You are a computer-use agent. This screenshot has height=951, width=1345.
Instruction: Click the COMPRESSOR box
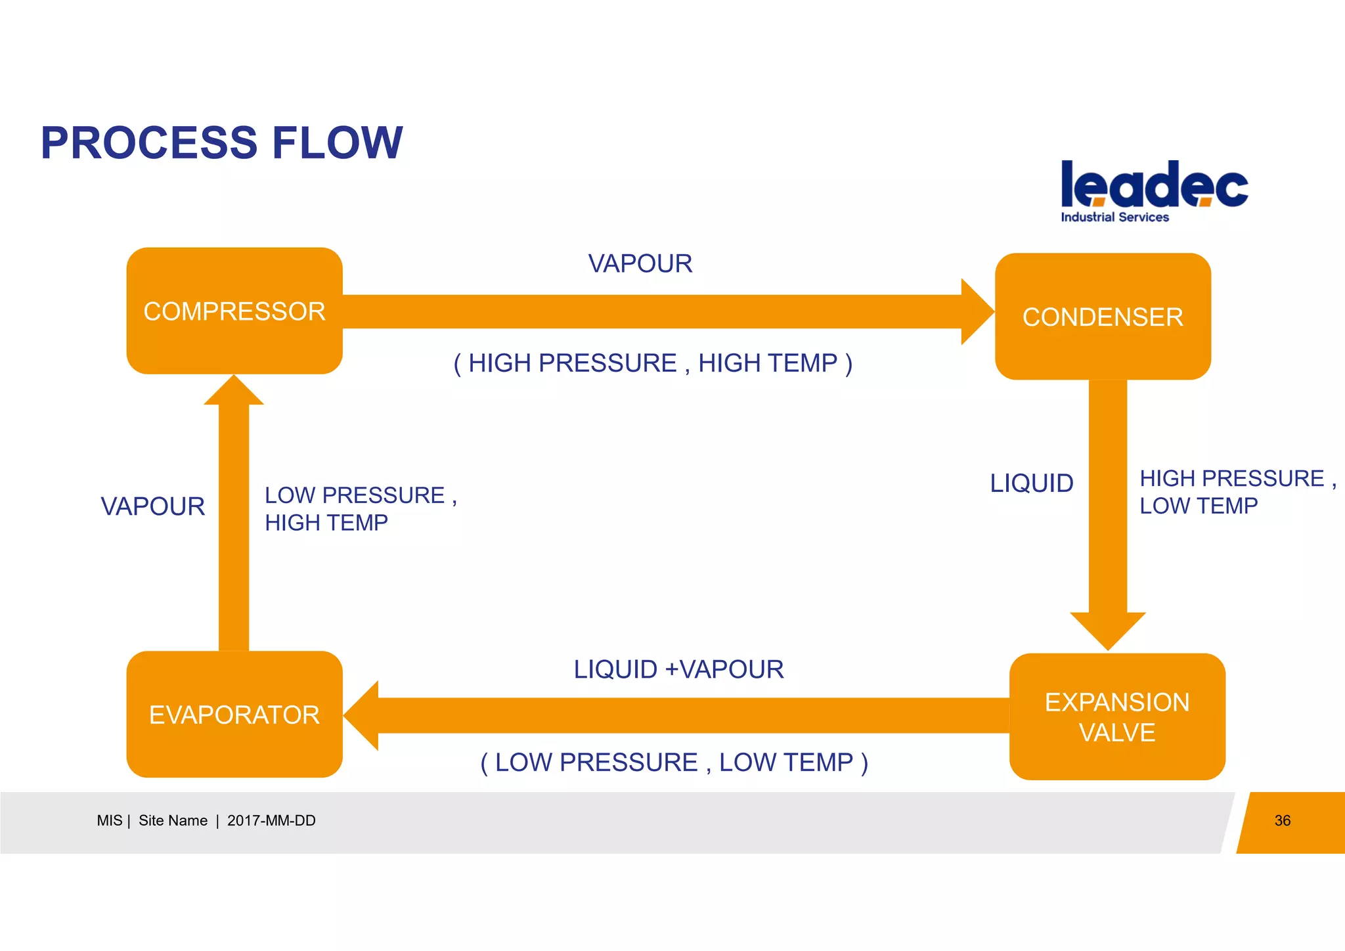[x=234, y=311]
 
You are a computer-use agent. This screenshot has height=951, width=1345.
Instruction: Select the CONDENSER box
[x=1103, y=317]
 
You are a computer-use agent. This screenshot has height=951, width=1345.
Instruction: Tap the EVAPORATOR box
[x=234, y=715]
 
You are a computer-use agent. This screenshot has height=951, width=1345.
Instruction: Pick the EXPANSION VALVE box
[x=1116, y=717]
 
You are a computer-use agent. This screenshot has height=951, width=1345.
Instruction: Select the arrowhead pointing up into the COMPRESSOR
[x=234, y=391]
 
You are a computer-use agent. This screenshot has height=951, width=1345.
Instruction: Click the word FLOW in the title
[x=337, y=143]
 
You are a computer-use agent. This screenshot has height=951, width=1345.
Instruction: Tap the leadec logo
[x=1154, y=185]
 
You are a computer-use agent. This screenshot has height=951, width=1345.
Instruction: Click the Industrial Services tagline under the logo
[x=1114, y=217]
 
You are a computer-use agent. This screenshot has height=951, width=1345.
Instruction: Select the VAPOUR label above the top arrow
[x=640, y=263]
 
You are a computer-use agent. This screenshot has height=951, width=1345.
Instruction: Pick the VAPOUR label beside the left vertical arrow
[x=152, y=506]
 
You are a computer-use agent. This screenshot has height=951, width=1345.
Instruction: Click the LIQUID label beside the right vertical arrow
[x=1031, y=483]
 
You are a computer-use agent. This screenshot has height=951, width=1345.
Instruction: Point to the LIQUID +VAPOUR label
[x=678, y=669]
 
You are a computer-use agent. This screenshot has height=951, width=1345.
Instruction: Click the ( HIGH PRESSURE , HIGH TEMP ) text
[x=653, y=363]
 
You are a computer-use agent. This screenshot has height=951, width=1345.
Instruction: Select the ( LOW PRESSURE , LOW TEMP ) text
[x=674, y=763]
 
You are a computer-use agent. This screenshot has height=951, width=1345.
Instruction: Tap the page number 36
[x=1282, y=820]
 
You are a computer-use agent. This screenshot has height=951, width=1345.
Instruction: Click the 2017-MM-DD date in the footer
[x=271, y=820]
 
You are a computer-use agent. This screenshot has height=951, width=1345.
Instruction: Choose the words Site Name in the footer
[x=173, y=820]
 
